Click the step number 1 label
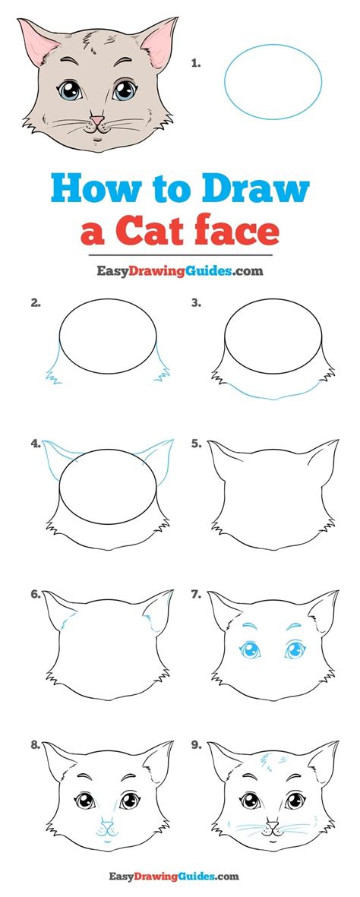195,65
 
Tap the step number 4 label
35,443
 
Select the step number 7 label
196,595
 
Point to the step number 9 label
196,746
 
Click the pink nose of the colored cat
97,119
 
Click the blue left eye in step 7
248,649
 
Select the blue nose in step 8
108,823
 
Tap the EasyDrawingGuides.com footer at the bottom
179,877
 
